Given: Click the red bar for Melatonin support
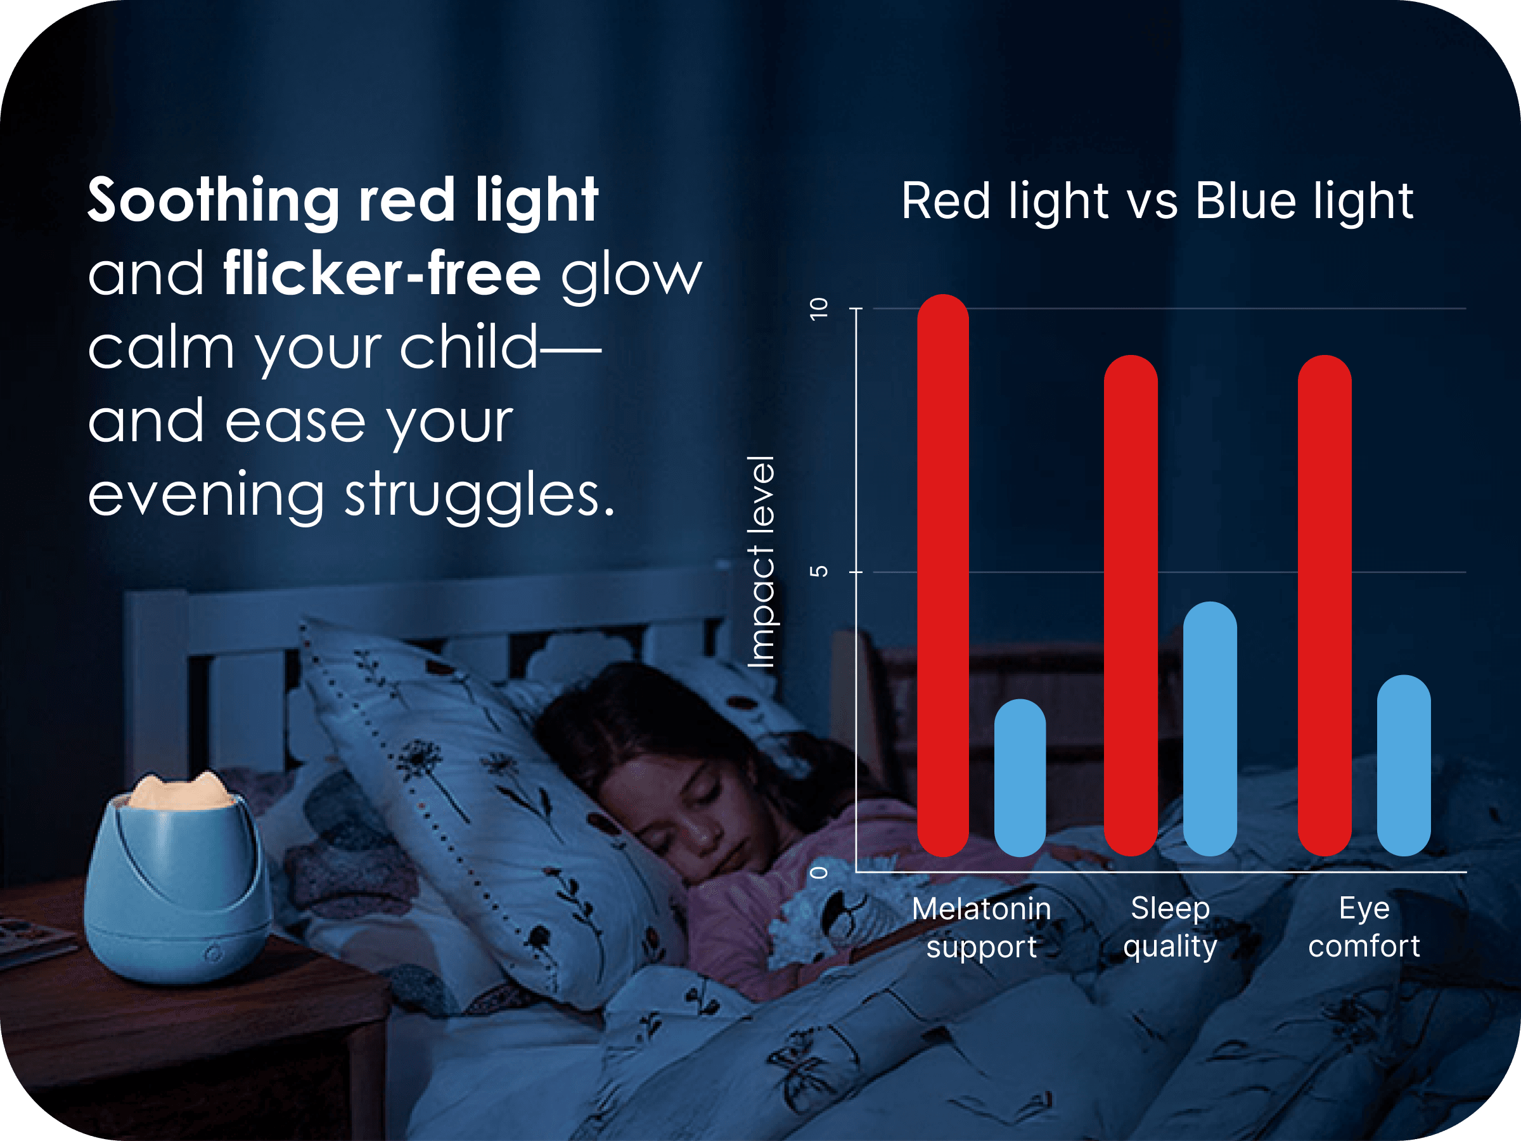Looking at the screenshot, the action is pos(943,575).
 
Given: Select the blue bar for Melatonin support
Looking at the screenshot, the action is pos(1020,777).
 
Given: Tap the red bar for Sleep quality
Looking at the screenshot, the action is pos(1131,605).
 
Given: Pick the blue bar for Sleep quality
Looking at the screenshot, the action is pos(1210,728).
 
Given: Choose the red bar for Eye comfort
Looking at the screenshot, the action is pos(1325,605).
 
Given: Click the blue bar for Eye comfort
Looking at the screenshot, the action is pos(1404,766).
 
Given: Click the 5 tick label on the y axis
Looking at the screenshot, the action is pos(819,572).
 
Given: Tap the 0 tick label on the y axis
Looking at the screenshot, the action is pos(819,872).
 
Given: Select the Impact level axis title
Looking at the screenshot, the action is pos(762,561).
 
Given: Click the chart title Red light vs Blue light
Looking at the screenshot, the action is pos(1157,202).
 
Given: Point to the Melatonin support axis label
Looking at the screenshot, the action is pos(981,928).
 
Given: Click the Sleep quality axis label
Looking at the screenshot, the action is pos(1171,927).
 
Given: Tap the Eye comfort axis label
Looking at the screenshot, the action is pos(1364,927).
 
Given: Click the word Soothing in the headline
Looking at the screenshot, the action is pos(213,201).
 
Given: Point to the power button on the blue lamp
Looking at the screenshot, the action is pos(213,953).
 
